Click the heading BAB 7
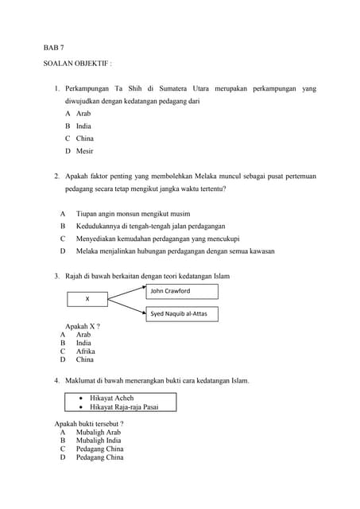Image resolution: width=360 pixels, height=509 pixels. [53, 48]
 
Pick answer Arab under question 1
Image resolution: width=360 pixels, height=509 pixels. [83, 114]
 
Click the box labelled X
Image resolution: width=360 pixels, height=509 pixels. [87, 298]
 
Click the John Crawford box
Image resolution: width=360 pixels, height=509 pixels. [183, 292]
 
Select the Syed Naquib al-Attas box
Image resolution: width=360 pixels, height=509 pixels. [183, 314]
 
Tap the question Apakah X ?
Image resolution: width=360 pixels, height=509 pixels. [83, 326]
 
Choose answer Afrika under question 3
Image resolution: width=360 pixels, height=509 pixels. [85, 351]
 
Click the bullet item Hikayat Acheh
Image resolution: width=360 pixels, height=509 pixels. [111, 398]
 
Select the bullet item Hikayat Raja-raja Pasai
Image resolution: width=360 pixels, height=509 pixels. [129, 406]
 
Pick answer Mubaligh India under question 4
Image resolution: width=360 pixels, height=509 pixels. [98, 440]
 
